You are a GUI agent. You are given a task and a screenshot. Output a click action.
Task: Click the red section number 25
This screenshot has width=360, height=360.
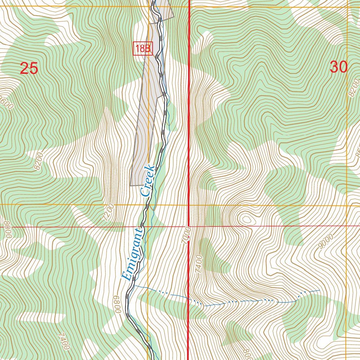(x=29, y=68)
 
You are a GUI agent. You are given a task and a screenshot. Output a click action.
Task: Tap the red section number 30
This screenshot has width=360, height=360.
(x=339, y=67)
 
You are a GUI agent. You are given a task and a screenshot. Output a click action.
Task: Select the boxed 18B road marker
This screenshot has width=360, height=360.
(x=143, y=49)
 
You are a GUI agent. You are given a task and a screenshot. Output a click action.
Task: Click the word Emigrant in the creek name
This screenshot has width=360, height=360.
(x=132, y=254)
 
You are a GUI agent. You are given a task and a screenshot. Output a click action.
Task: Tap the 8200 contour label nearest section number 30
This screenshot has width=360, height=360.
(x=353, y=88)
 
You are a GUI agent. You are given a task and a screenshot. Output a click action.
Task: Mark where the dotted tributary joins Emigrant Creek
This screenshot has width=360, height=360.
(x=135, y=286)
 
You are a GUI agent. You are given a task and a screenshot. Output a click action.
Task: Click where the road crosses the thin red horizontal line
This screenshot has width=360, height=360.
(x=141, y=227)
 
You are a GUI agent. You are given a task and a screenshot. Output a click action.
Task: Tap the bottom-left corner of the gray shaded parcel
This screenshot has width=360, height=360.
(x=130, y=185)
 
